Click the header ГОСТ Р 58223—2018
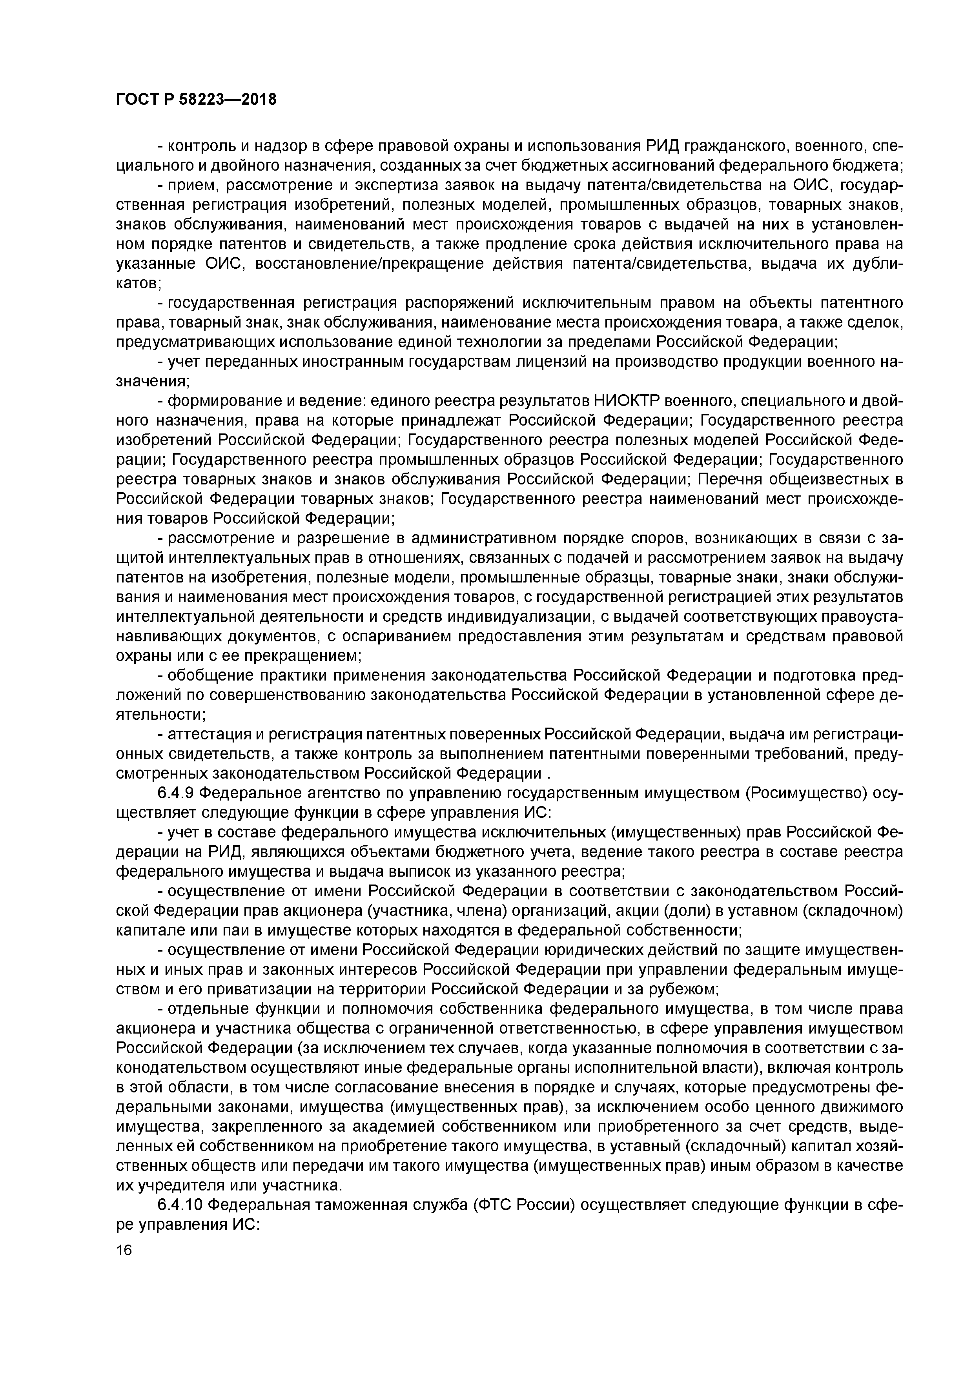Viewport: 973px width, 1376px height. point(196,100)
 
